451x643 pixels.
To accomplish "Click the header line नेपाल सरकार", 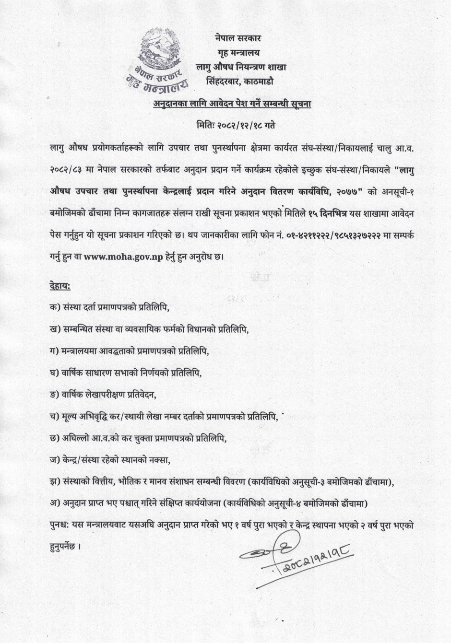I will pyautogui.click(x=238, y=38).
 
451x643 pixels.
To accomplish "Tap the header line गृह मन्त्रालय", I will pyautogui.click(x=238, y=52).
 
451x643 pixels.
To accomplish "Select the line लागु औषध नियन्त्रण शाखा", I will pyautogui.click(x=241, y=67).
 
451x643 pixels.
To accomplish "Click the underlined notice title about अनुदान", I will pyautogui.click(x=232, y=103).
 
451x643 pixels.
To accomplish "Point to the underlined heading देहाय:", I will pyautogui.click(x=59, y=287).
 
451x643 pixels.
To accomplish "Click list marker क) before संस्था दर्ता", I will pyautogui.click(x=55, y=306).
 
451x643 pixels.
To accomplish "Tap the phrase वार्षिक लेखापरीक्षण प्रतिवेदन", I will pyautogui.click(x=109, y=395).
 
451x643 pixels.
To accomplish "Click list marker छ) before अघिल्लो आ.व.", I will pyautogui.click(x=55, y=438).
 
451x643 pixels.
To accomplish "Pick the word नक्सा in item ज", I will pyautogui.click(x=161, y=460).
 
